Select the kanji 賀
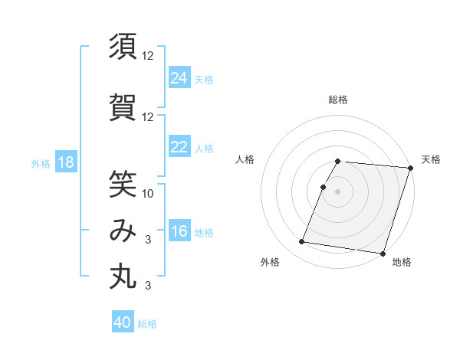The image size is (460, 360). point(123,106)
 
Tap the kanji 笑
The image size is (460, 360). point(123,183)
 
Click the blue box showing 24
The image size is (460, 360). point(179,78)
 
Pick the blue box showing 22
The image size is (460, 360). point(179,147)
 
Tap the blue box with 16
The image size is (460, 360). point(179,231)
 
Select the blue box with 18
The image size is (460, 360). point(65,162)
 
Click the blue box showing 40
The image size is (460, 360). point(123,322)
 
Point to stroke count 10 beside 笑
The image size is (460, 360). point(148,193)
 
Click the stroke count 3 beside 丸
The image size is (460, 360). point(148,286)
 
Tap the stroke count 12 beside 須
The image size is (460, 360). point(148,56)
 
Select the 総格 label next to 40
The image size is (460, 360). point(147,324)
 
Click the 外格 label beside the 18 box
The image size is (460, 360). point(41,163)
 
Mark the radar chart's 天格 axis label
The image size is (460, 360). point(431,160)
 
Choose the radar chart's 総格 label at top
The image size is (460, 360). point(338,100)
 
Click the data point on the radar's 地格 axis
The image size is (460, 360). point(383,253)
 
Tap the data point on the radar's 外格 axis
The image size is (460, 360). point(302,242)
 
